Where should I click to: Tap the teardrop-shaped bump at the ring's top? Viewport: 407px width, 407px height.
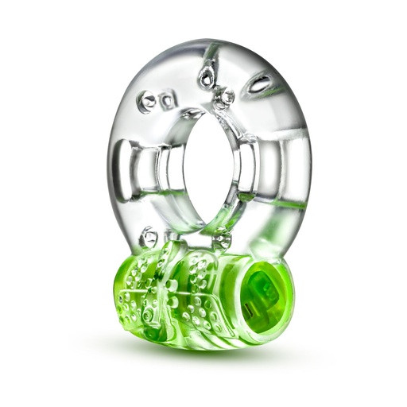207,76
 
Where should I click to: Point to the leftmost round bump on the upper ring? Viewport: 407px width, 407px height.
147,101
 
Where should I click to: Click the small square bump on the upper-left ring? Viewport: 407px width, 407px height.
167,101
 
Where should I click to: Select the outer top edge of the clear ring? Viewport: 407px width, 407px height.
208,41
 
